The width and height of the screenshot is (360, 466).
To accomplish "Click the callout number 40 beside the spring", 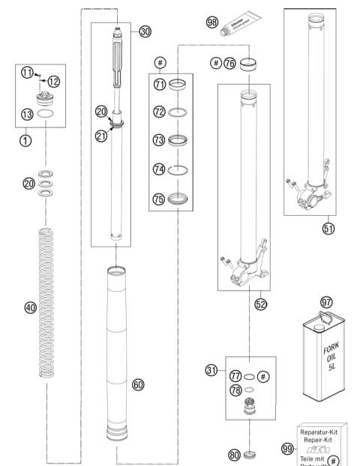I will [x=31, y=308].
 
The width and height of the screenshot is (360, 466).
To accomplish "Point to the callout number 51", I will [x=328, y=229].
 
